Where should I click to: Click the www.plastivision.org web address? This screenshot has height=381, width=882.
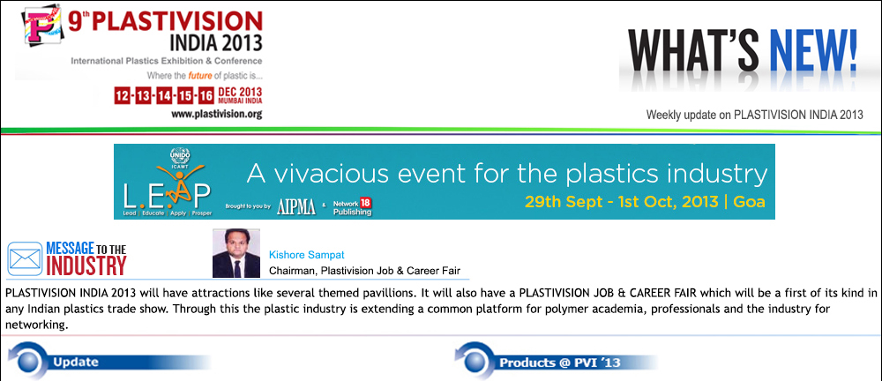click(217, 115)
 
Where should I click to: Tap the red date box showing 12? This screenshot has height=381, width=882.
click(122, 95)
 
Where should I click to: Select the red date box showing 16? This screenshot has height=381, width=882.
click(206, 95)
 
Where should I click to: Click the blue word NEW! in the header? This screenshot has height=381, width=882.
click(813, 50)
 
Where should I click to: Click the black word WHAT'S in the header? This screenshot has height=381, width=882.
click(697, 50)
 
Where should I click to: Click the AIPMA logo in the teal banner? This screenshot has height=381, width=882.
click(295, 207)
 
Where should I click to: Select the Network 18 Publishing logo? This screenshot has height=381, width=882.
click(352, 206)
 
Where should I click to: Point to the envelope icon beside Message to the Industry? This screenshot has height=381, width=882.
click(25, 259)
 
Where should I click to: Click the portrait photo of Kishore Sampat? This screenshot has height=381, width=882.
click(236, 253)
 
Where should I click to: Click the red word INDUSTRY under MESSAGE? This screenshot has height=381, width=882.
click(86, 265)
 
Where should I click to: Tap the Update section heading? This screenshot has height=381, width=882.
click(75, 362)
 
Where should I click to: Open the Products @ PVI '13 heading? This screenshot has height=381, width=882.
click(560, 362)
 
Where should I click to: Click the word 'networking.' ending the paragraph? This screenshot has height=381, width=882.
click(36, 325)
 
